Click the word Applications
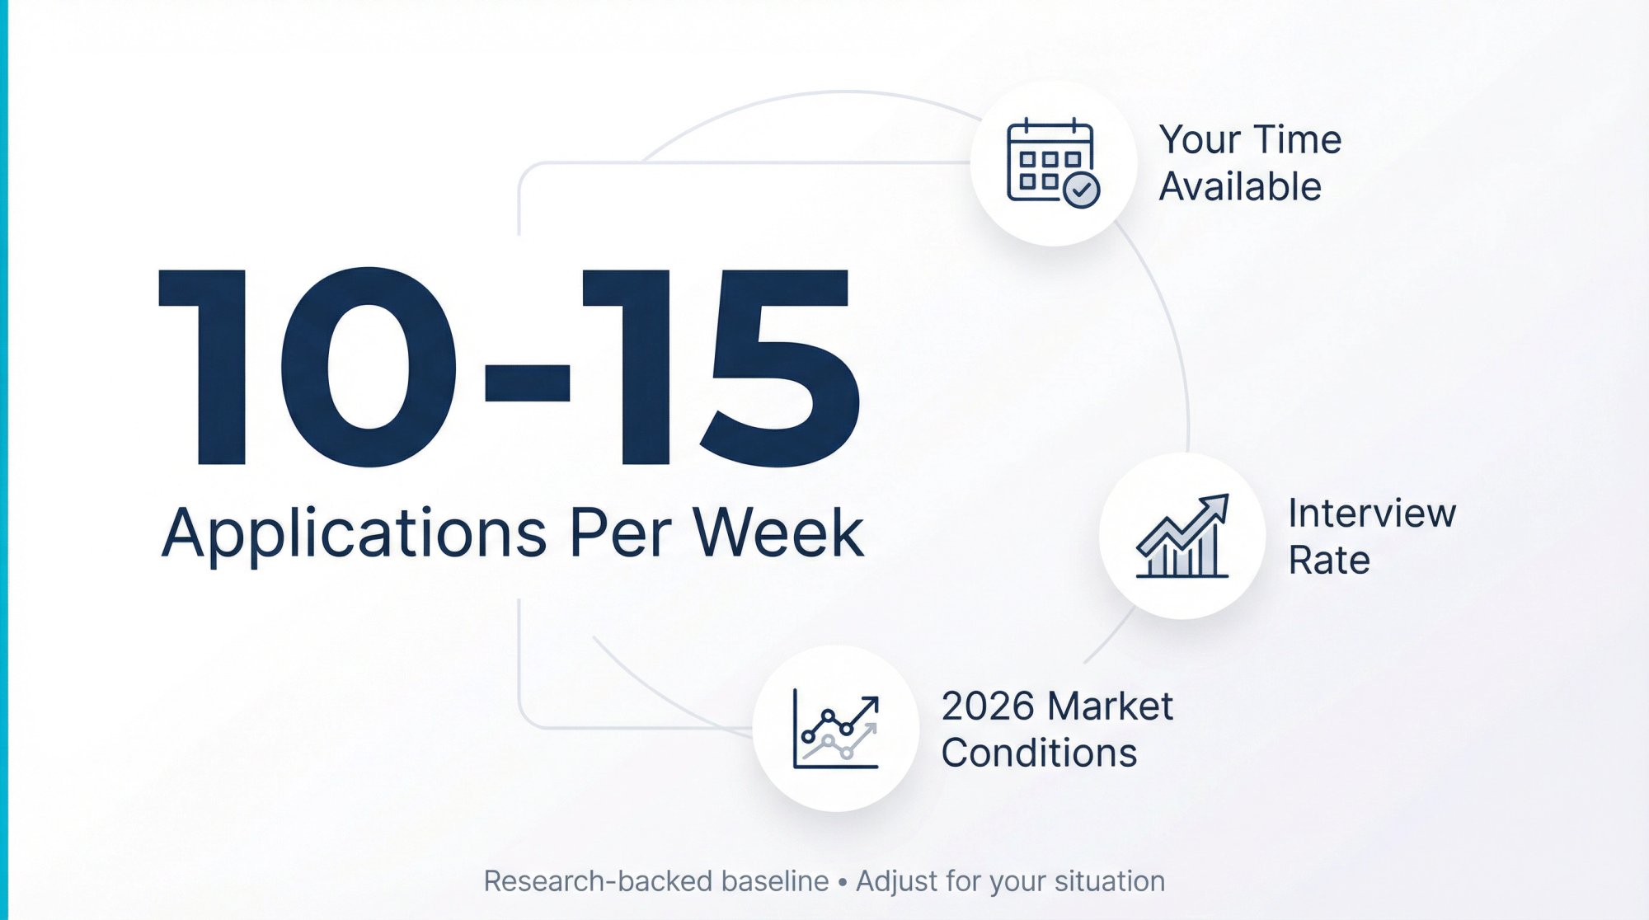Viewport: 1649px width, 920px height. [354, 533]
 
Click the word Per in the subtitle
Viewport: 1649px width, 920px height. [619, 533]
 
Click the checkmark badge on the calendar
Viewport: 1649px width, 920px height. [1081, 190]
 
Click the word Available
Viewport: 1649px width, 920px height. [1240, 186]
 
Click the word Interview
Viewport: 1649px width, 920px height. [1372, 513]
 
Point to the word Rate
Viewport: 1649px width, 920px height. [1329, 561]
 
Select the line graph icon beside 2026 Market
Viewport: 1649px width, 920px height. [835, 729]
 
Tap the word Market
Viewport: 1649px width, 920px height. [1110, 706]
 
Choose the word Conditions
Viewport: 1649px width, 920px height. [1039, 753]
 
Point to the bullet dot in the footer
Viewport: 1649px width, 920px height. [842, 882]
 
